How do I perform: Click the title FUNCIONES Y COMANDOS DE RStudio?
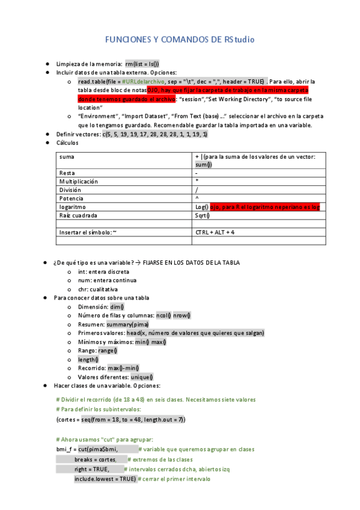coord(180,40)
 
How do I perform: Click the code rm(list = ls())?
coord(142,63)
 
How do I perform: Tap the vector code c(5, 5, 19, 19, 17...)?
coord(154,134)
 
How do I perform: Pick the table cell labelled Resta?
coord(67,173)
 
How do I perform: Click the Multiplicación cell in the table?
coord(79,181)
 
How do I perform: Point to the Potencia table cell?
coord(72,198)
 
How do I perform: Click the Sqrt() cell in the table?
coord(203,215)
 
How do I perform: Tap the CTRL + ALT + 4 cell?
coord(215,232)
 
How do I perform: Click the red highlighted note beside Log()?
coord(264,206)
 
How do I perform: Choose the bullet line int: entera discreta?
coord(103,271)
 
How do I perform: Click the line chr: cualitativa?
coord(98,289)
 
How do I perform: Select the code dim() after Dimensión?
coord(117,306)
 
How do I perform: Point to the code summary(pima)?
coord(129,324)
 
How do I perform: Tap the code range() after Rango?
coord(108,350)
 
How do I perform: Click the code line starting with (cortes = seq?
coord(120,419)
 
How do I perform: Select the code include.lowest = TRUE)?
coord(105,479)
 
